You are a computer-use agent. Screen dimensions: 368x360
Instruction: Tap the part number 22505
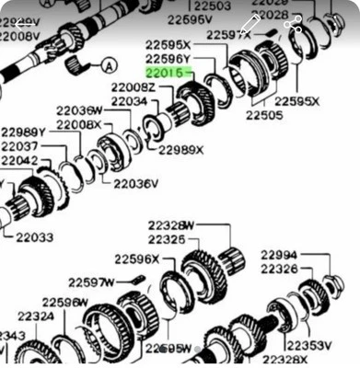(x=263, y=116)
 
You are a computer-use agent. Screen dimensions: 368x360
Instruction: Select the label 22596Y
(x=168, y=57)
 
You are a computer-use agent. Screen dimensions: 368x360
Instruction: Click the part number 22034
(x=129, y=100)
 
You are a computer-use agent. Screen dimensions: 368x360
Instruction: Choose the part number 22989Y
(x=24, y=132)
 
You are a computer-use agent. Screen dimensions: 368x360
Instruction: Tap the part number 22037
(x=19, y=146)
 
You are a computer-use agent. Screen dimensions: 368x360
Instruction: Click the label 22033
(x=34, y=237)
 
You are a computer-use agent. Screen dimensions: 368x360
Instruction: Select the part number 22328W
(x=173, y=224)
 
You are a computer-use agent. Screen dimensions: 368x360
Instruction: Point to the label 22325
(x=168, y=239)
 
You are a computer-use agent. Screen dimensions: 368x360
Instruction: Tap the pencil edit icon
(x=249, y=25)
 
